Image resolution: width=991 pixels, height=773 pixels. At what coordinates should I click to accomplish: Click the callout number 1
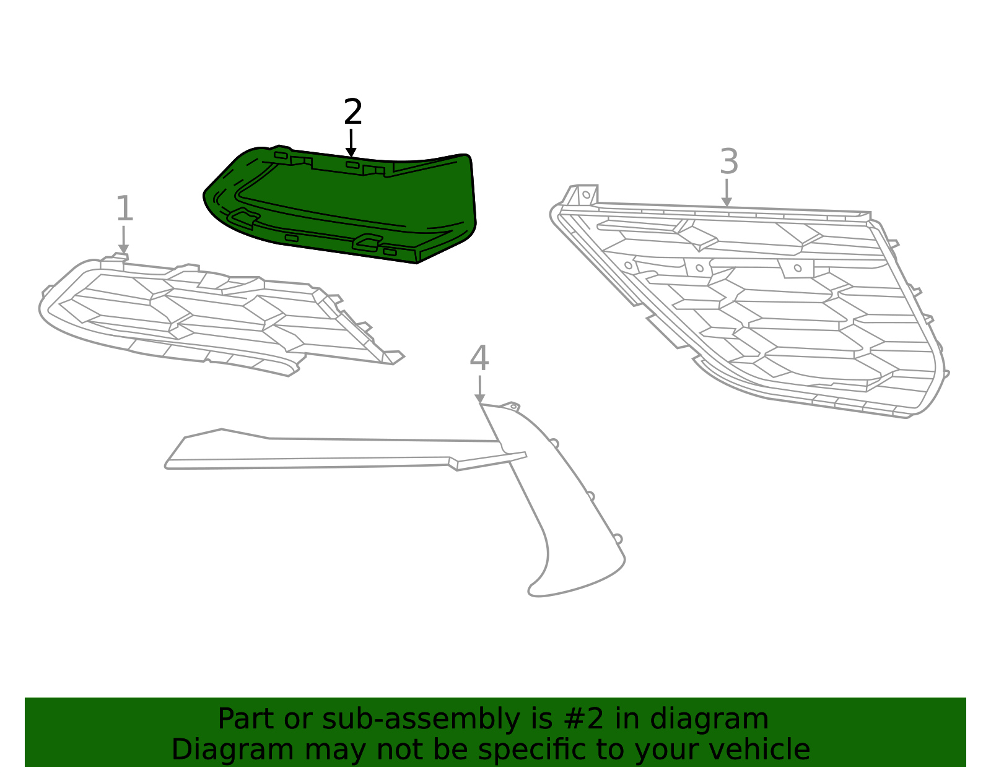pos(124,209)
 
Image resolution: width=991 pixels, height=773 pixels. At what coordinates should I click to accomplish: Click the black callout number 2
pos(352,113)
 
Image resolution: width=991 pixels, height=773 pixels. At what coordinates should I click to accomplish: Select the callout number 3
pos(729,162)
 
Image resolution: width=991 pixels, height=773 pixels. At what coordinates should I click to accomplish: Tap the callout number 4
pos(479,358)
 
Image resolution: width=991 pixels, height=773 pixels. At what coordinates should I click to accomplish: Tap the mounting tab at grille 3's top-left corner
pos(584,194)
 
